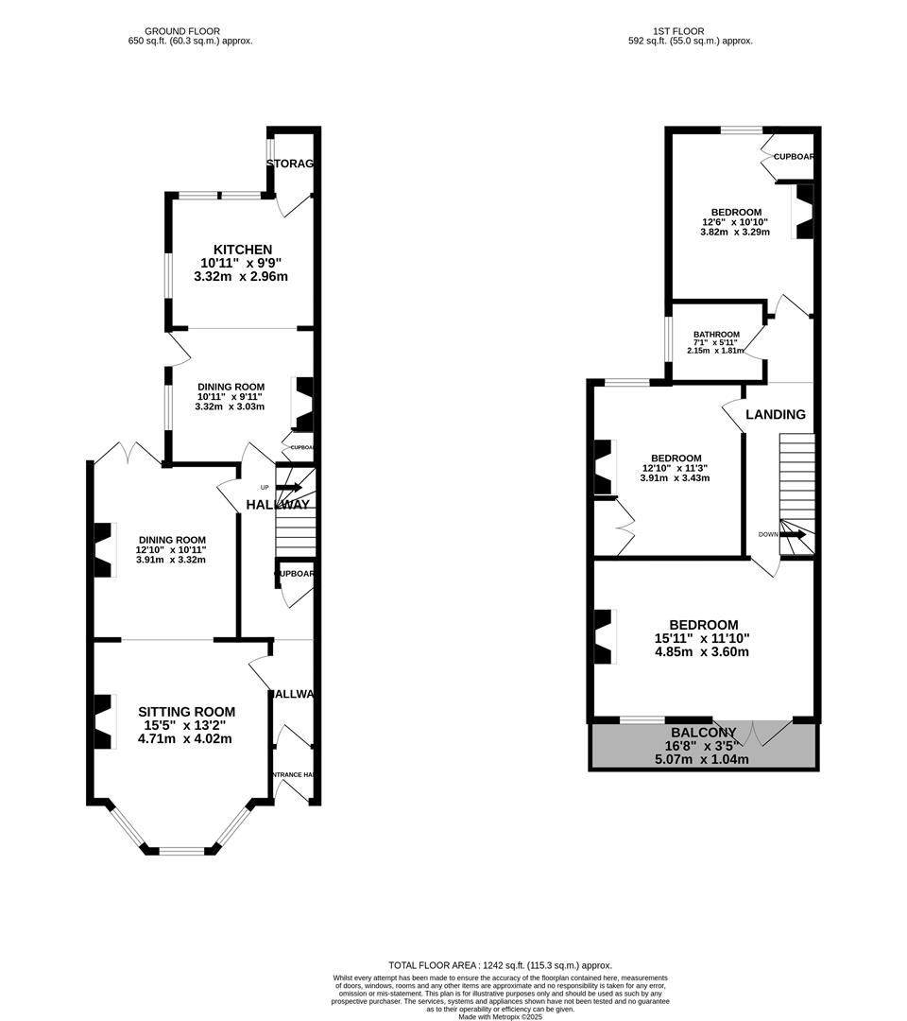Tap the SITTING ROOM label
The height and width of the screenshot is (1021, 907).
click(x=186, y=712)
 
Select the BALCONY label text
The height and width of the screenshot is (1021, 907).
click(x=703, y=733)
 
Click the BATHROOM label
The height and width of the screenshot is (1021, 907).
click(x=716, y=335)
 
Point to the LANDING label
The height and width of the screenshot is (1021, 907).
click(x=776, y=414)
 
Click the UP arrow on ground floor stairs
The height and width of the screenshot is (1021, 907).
click(x=288, y=488)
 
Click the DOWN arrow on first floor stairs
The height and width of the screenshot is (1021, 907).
click(x=792, y=534)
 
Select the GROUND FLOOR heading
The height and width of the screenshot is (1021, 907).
click(x=190, y=31)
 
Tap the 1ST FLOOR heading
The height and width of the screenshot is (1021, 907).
click(x=691, y=31)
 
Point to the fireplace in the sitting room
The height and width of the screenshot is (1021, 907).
click(x=102, y=721)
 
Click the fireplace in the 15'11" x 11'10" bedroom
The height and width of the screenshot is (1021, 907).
click(x=602, y=635)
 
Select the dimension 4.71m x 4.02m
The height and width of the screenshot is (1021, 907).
click(x=186, y=738)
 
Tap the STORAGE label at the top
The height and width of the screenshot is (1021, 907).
click(x=290, y=164)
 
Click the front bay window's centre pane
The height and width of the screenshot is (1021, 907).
click(x=181, y=850)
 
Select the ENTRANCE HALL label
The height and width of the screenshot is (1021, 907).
click(x=293, y=775)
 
